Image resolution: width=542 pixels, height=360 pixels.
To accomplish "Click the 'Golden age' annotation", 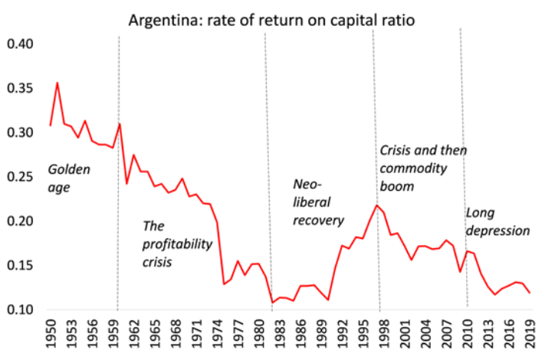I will (68, 177).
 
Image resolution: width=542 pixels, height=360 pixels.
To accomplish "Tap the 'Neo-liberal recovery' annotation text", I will (318, 202).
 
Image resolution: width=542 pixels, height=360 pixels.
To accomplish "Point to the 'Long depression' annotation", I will (498, 221).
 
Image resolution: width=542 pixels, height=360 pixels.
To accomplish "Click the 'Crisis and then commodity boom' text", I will (423, 168).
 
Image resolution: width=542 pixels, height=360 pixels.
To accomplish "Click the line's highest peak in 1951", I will (57, 83).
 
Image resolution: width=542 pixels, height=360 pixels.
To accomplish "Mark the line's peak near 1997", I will (376, 205).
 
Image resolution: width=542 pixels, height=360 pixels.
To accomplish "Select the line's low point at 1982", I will (272, 303).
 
